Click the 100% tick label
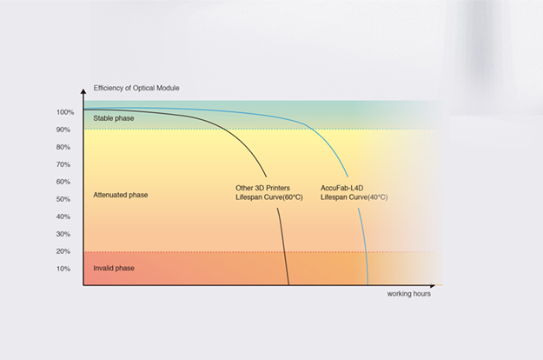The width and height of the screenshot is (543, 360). coord(65,112)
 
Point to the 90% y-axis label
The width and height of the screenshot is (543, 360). coord(63,130)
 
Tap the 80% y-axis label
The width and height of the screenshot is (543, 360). coord(63,147)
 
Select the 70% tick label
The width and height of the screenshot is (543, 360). coord(63,164)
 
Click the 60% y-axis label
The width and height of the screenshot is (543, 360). coord(63,182)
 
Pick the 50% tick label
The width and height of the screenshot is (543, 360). coord(63,199)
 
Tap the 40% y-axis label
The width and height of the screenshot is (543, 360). coord(63,217)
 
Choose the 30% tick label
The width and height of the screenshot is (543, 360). coord(63,234)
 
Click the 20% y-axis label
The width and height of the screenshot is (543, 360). coord(63,251)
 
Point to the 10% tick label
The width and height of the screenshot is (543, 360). coord(63,269)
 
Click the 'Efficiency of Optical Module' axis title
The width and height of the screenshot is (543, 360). coord(136,88)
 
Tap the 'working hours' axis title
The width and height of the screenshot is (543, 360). coord(409,294)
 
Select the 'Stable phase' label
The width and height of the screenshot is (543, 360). coord(114,118)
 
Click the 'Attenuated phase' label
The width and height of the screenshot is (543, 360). coord(121,195)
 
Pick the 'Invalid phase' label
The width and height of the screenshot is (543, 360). coord(114,268)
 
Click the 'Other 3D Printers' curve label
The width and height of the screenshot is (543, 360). coord(263,188)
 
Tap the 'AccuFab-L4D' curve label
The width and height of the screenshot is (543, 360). coord(341,188)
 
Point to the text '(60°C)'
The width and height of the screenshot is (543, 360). coord(293,197)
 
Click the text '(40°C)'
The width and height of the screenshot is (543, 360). coord(378,197)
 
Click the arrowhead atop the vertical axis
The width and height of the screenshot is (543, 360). coord(83,91)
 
